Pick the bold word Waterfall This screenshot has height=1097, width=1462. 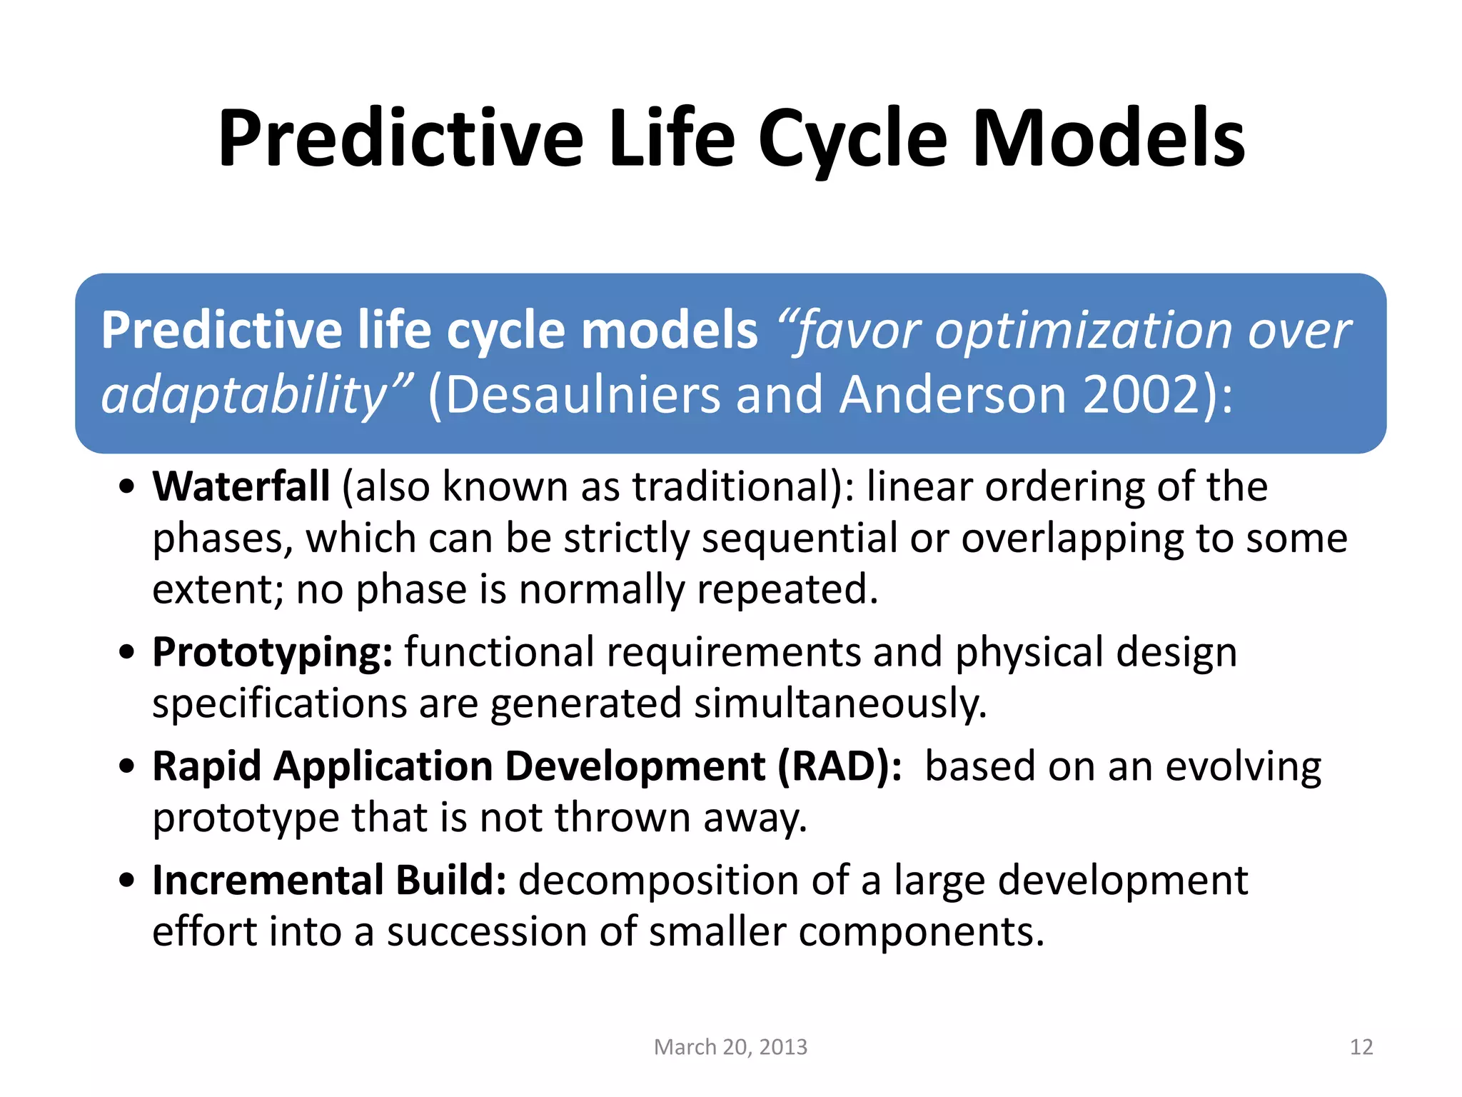click(x=241, y=486)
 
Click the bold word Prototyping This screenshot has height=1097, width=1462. click(x=272, y=653)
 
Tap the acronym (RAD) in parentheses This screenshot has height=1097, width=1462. click(x=840, y=766)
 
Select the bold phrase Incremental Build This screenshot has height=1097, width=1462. click(x=329, y=880)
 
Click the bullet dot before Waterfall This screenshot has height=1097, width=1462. click(x=127, y=488)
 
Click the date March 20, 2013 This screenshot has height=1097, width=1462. click(x=730, y=1046)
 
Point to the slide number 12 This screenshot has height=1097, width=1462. click(x=1361, y=1046)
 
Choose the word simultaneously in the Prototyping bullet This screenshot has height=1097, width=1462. click(x=840, y=703)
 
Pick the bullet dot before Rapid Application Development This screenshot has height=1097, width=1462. click(x=127, y=767)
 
